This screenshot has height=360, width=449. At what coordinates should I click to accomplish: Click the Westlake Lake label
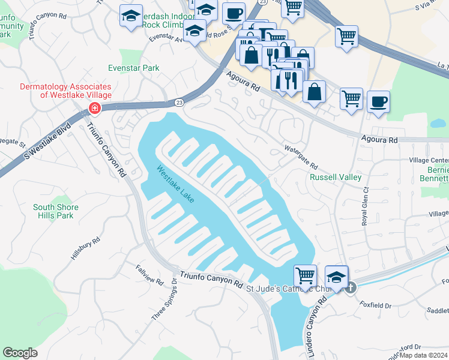click(175, 184)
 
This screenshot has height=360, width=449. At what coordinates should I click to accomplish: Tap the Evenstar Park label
click(134, 68)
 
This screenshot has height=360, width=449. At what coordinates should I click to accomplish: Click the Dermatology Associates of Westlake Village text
click(65, 91)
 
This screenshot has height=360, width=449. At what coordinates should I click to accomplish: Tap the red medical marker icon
click(94, 109)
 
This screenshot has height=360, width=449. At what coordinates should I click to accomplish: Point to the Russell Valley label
click(335, 177)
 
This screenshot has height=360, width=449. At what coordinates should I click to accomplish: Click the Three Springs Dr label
click(165, 299)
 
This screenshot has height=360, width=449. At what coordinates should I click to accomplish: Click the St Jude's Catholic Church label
click(294, 289)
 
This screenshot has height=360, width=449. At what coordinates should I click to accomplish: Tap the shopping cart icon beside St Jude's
click(305, 275)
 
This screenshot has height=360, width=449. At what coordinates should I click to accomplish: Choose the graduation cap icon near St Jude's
click(337, 277)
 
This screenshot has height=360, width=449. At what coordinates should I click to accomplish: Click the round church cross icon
click(350, 288)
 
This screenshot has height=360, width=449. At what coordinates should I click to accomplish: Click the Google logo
click(20, 352)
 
